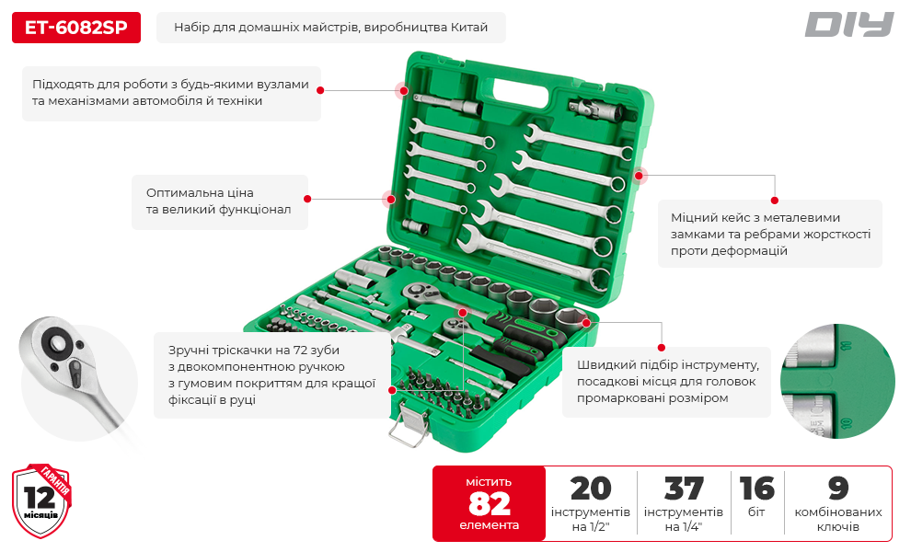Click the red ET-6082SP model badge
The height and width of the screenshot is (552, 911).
76,28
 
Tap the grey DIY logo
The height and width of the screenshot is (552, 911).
848,25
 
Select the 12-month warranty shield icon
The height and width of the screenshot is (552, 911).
41,500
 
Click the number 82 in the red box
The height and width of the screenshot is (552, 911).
490,503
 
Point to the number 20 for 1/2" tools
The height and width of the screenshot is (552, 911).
591,489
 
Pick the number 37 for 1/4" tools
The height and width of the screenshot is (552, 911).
684,489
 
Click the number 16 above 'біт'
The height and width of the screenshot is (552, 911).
757,489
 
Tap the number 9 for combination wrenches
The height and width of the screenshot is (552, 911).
838,489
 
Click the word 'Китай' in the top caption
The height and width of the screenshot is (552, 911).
469,28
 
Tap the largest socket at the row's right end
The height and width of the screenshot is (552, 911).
571,320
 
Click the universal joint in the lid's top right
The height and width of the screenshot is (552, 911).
595,109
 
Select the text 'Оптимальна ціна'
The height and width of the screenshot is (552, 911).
200,192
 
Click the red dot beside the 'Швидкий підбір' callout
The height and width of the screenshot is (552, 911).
662,348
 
